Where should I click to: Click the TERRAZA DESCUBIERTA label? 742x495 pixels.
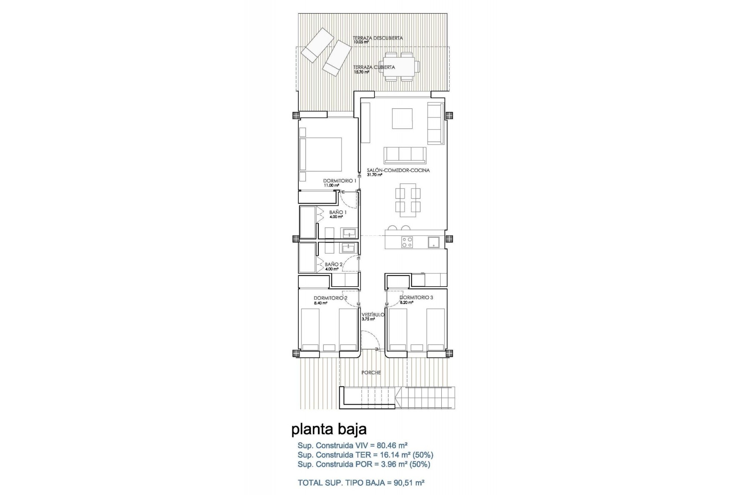tap(378, 38)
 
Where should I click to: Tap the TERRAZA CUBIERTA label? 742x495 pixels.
tap(374, 67)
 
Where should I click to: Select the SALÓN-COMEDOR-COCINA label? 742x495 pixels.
tap(398, 170)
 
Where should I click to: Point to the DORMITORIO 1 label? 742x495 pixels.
tap(340, 181)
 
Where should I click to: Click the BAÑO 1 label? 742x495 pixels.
tap(338, 212)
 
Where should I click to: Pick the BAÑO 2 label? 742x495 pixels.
tap(334, 265)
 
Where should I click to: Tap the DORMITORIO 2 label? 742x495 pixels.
tap(330, 298)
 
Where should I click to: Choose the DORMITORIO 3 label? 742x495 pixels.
tap(416, 298)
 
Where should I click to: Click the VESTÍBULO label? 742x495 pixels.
tap(373, 315)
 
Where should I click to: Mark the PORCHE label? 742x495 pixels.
tap(371, 373)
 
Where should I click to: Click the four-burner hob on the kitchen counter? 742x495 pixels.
tap(407, 242)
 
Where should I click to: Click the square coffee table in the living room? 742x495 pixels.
tap(402, 118)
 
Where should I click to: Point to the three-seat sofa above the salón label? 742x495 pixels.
tap(405, 155)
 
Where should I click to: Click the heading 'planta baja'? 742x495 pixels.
tap(328, 429)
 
